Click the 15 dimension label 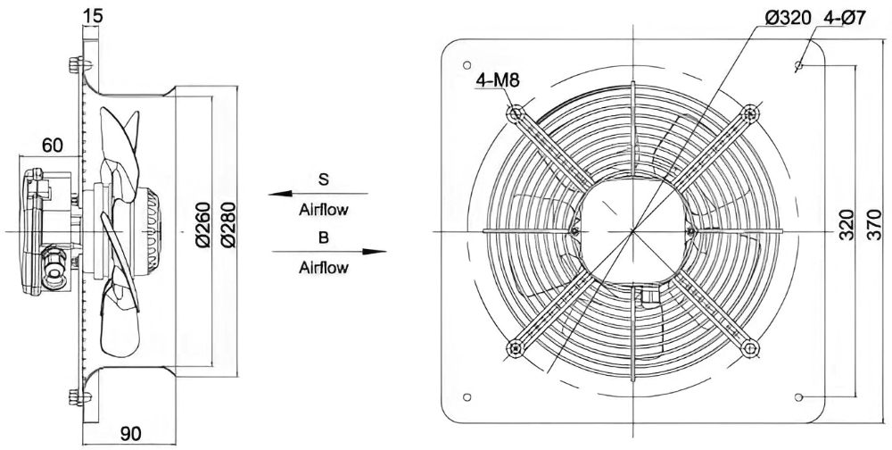click(x=93, y=16)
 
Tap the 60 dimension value click(x=52, y=146)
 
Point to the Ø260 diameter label click(x=203, y=224)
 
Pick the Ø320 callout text click(x=788, y=18)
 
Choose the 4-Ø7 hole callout click(x=844, y=18)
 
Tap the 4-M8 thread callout click(x=498, y=80)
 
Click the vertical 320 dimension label click(x=847, y=224)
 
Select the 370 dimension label click(x=876, y=224)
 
